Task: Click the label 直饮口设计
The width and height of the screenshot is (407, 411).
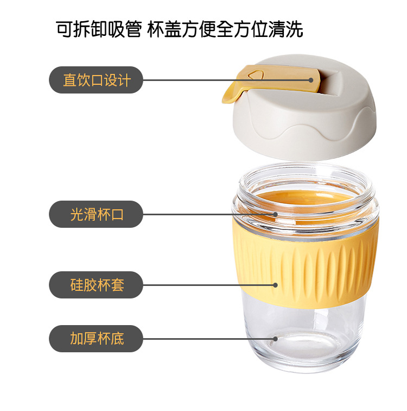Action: coord(97,80)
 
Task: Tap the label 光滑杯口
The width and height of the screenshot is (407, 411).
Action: coord(97,214)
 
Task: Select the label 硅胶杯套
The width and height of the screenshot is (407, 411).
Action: coord(97,285)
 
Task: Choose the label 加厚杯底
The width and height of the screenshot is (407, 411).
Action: coord(97,338)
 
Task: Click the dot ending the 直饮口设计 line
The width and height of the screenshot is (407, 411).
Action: coord(311,80)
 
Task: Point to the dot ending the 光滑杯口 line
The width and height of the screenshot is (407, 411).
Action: coord(275,214)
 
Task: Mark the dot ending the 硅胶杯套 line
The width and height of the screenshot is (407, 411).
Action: coord(275,285)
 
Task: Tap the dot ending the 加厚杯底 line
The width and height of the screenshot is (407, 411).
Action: coord(275,339)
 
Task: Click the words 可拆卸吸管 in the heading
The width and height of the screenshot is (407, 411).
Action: coord(99,29)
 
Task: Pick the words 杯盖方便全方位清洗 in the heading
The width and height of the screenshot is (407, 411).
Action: coord(225,29)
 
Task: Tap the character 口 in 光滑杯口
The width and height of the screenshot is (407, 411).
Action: coord(117,214)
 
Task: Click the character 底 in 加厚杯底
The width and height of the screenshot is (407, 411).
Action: coord(117,338)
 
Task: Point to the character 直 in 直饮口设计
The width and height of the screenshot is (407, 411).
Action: coord(70,80)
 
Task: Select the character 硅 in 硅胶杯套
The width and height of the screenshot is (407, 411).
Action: coord(77,285)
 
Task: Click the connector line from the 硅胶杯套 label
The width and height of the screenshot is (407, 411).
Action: coord(208,285)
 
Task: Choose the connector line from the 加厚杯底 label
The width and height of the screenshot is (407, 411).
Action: coord(208,339)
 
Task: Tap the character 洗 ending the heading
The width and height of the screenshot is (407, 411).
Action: coord(295,29)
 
